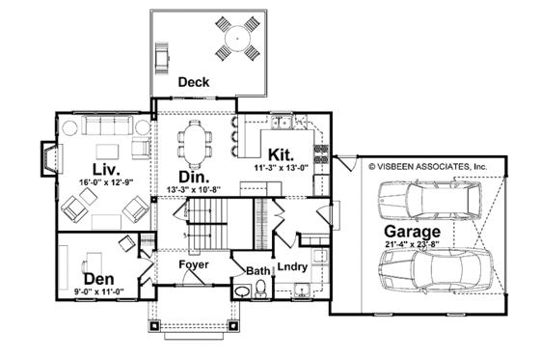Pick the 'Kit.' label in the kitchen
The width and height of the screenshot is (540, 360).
coord(281,154)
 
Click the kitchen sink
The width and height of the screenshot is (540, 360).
coord(283,122)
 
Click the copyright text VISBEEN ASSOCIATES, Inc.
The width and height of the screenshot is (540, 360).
coord(428,166)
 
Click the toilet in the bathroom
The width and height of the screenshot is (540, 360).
coord(241,291)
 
